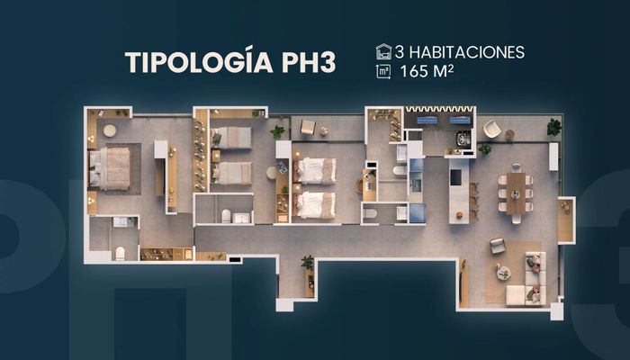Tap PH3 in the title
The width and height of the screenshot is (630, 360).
coord(309,63)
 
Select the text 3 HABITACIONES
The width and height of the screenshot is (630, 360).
coord(459,52)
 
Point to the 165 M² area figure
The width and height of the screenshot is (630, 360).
coord(427,71)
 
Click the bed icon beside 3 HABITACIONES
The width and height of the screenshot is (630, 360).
coord(383,52)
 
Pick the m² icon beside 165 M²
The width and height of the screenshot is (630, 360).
coord(383,71)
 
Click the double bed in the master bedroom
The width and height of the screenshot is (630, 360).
coord(110,169)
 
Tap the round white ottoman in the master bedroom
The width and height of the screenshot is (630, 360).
coord(109,130)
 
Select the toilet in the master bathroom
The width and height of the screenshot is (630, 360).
coord(120,254)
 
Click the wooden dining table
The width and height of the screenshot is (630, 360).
coord(516,193)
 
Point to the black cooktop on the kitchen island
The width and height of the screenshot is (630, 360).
coord(455,177)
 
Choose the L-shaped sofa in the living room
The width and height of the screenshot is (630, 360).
coord(526,281)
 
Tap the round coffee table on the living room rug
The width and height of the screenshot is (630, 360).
coord(503,274)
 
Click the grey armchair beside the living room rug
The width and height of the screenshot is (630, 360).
coord(498,246)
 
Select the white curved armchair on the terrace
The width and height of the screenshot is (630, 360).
coord(492,129)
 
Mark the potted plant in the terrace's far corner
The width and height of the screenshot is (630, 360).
coord(554,127)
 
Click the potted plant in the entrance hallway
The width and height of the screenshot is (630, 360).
coord(308,262)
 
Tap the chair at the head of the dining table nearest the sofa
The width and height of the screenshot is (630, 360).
coord(517,219)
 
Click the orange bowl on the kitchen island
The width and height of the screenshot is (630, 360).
coord(460,215)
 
